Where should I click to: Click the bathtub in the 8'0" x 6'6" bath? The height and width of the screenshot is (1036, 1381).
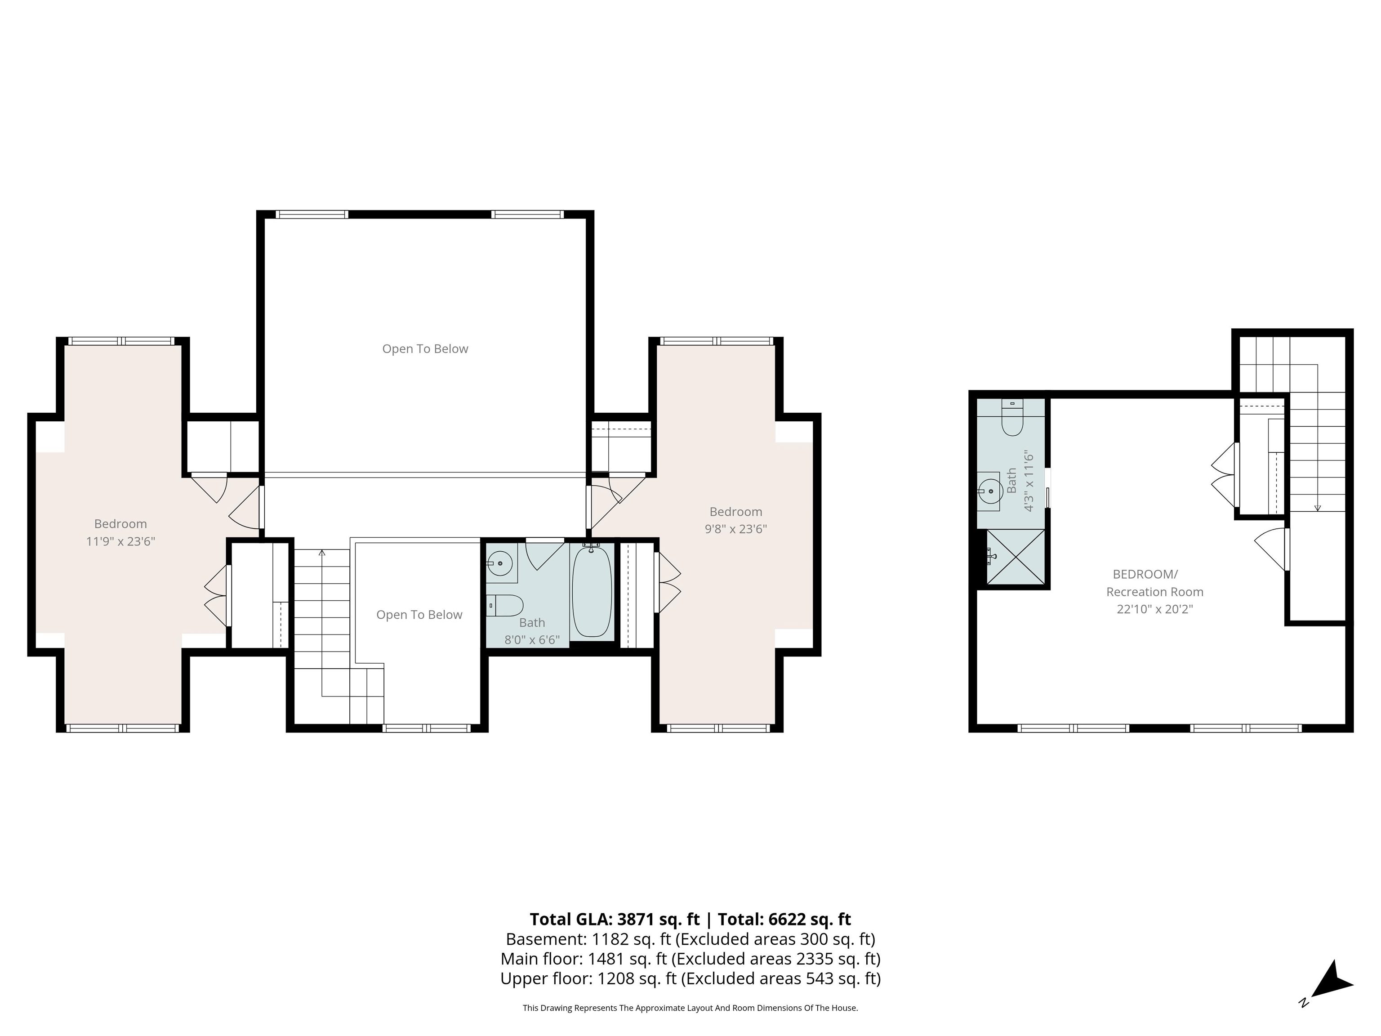point(591,590)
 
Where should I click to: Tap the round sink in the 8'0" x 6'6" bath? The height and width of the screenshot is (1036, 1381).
point(499,563)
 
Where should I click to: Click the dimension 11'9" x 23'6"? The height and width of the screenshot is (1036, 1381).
point(120,541)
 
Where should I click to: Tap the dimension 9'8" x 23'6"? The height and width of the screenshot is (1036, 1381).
point(735,529)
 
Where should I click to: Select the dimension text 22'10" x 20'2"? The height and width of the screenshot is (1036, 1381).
point(1154,609)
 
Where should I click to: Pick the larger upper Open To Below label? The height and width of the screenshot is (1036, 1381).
point(425,349)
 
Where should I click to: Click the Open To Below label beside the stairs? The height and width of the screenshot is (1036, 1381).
point(419,615)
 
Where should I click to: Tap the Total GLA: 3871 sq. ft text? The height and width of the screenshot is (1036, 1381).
point(615,919)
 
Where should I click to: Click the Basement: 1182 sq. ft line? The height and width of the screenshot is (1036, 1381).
point(690,939)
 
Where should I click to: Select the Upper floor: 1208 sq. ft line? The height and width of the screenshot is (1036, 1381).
point(690,978)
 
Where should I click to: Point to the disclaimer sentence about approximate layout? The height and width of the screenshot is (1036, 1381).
point(690,1008)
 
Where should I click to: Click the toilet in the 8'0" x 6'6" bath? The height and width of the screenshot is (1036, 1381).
point(506,605)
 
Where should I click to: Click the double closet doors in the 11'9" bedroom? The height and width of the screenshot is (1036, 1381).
point(217,596)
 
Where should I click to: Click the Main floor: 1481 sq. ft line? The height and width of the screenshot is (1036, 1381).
point(690,959)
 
